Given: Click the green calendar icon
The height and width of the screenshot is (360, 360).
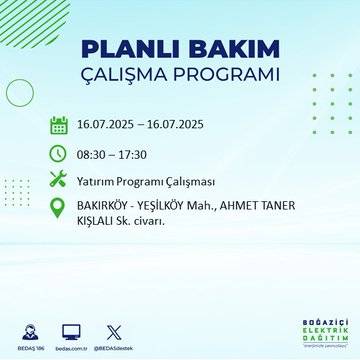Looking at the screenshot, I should pyautogui.click(x=59, y=125).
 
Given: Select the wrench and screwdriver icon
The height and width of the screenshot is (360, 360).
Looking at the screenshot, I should pyautogui.click(x=59, y=180).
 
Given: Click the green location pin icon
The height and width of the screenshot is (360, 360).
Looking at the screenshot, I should pyautogui.click(x=59, y=209).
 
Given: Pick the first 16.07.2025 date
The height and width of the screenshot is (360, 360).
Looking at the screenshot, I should pyautogui.click(x=103, y=126).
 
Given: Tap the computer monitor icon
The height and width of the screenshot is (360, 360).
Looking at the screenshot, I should pyautogui.click(x=71, y=328).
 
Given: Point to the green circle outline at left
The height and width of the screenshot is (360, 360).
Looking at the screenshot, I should pyautogui.click(x=20, y=91).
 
